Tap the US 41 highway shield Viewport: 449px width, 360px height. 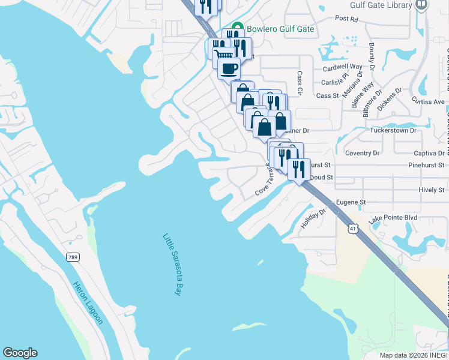coord(353,228)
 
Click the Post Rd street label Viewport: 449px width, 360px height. coord(346,19)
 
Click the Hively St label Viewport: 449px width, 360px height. coord(431,190)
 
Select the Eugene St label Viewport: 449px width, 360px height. coord(351,203)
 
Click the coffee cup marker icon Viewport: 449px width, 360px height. coord(229,68)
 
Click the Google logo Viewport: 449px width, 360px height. coord(20,353)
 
